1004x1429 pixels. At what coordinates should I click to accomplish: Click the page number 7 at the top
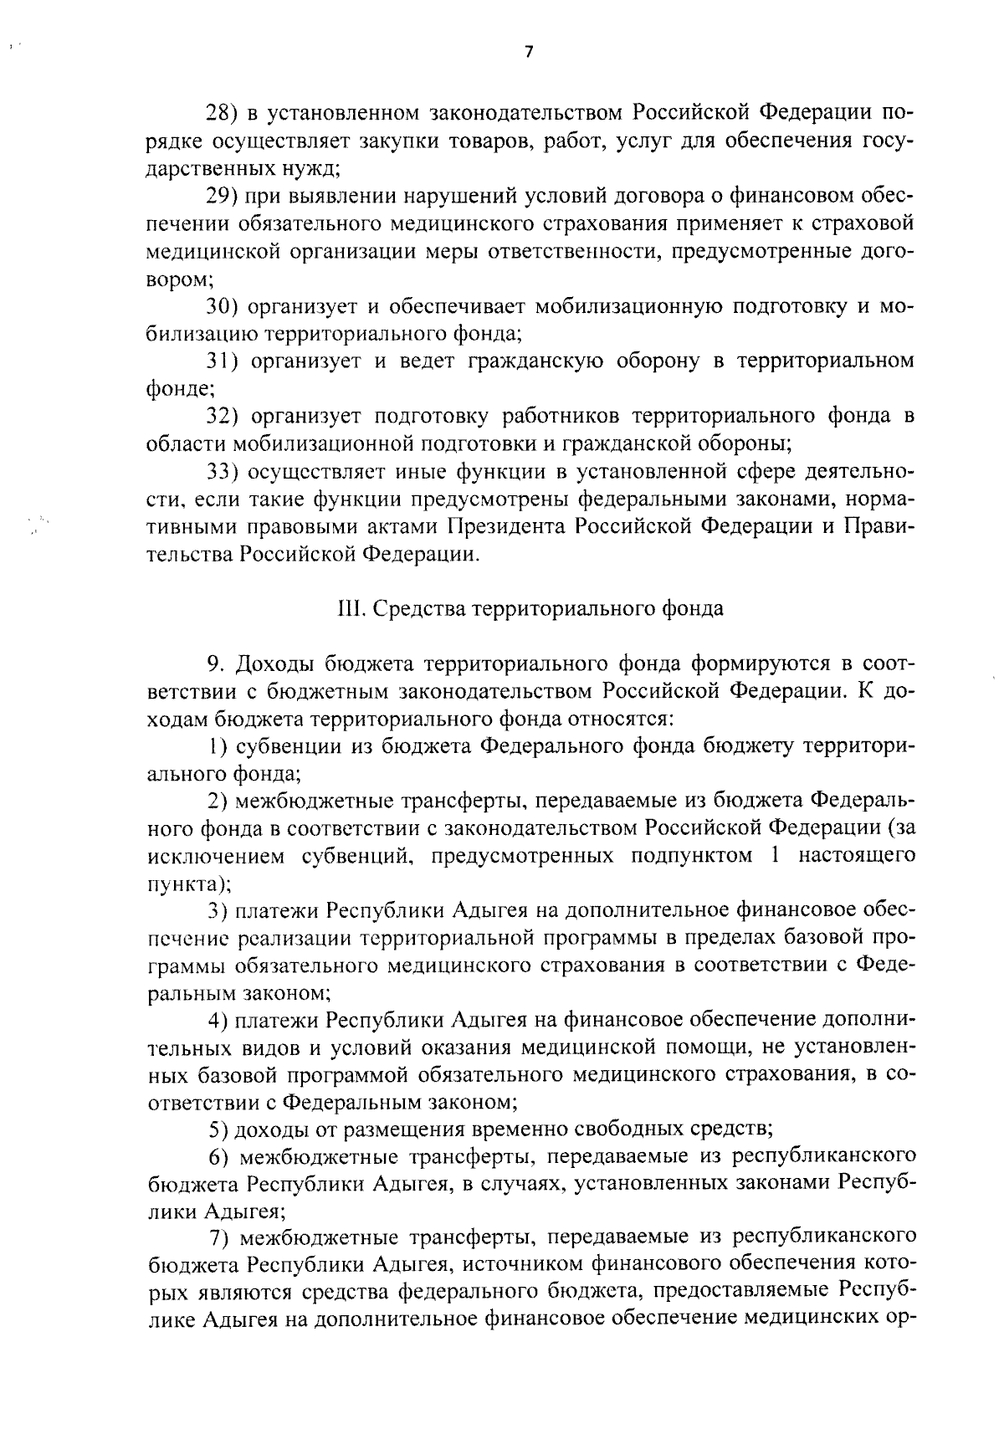528,52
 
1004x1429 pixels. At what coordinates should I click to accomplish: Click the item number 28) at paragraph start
223,113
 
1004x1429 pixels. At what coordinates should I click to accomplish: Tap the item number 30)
223,306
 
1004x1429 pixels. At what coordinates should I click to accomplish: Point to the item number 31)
223,361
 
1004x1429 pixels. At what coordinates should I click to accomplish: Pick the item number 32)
223,417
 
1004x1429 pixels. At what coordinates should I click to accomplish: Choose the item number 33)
223,472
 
